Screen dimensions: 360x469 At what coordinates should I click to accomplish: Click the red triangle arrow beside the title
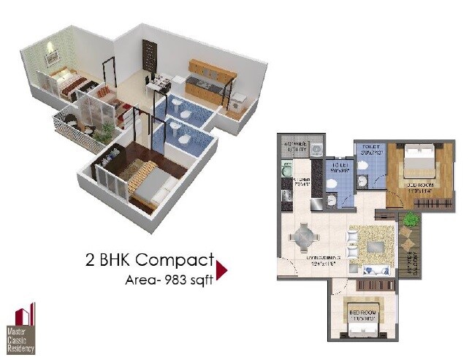pos(222,270)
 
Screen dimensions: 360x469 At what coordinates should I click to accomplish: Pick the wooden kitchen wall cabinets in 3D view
pos(212,69)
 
